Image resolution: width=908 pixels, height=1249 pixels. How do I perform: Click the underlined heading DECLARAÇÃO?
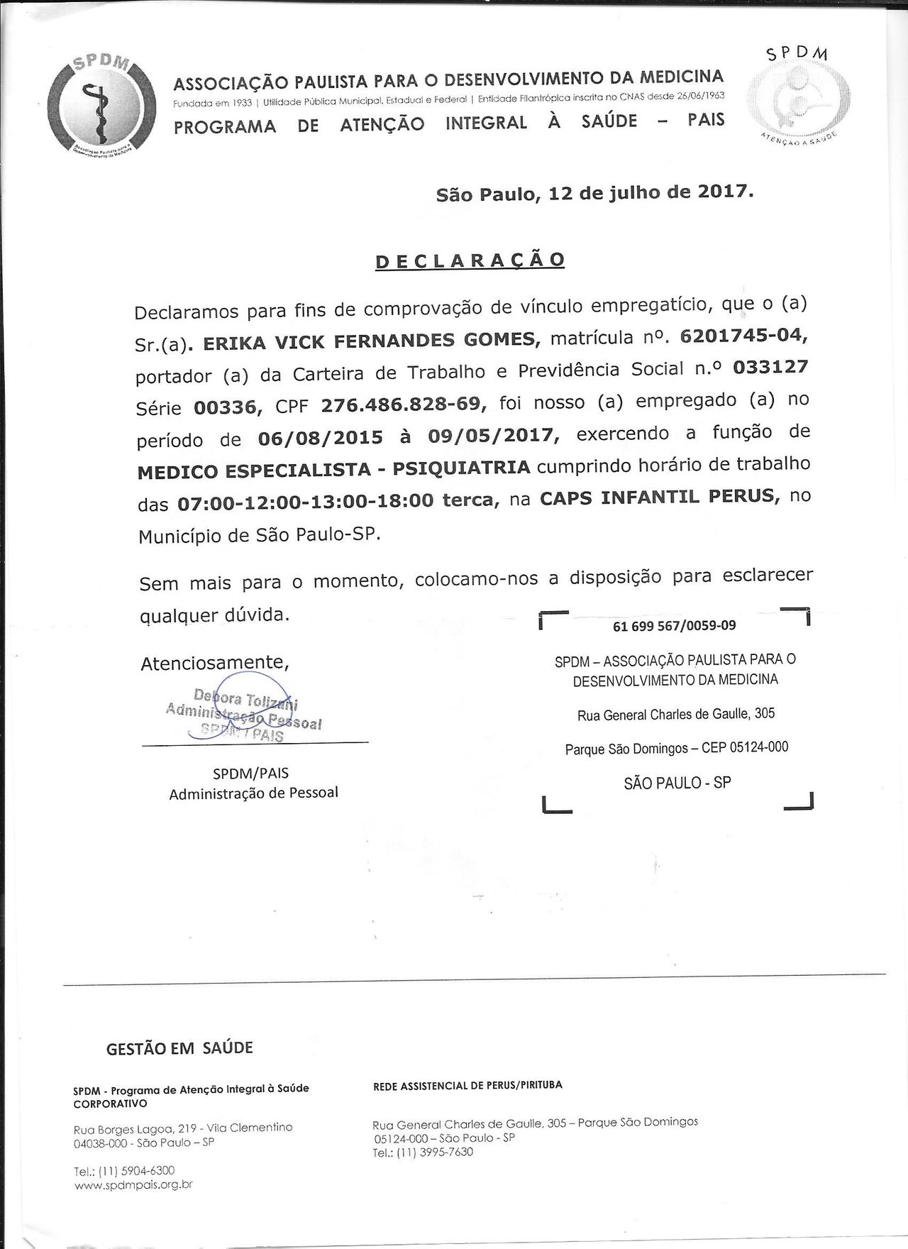point(470,260)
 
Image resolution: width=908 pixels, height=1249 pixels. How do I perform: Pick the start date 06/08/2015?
point(320,438)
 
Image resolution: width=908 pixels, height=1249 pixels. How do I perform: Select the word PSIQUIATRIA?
point(461,468)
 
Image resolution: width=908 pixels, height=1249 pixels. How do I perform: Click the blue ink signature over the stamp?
point(245,710)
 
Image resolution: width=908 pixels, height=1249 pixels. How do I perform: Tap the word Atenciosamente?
point(214,663)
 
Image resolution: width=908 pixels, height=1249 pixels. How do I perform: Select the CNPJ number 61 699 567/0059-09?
point(674,626)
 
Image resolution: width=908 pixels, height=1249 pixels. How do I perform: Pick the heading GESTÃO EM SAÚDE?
point(179,1048)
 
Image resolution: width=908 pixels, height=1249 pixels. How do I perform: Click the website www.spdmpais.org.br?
point(133,1184)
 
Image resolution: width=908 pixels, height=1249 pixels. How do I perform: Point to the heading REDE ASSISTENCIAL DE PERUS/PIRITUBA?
point(467,1085)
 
